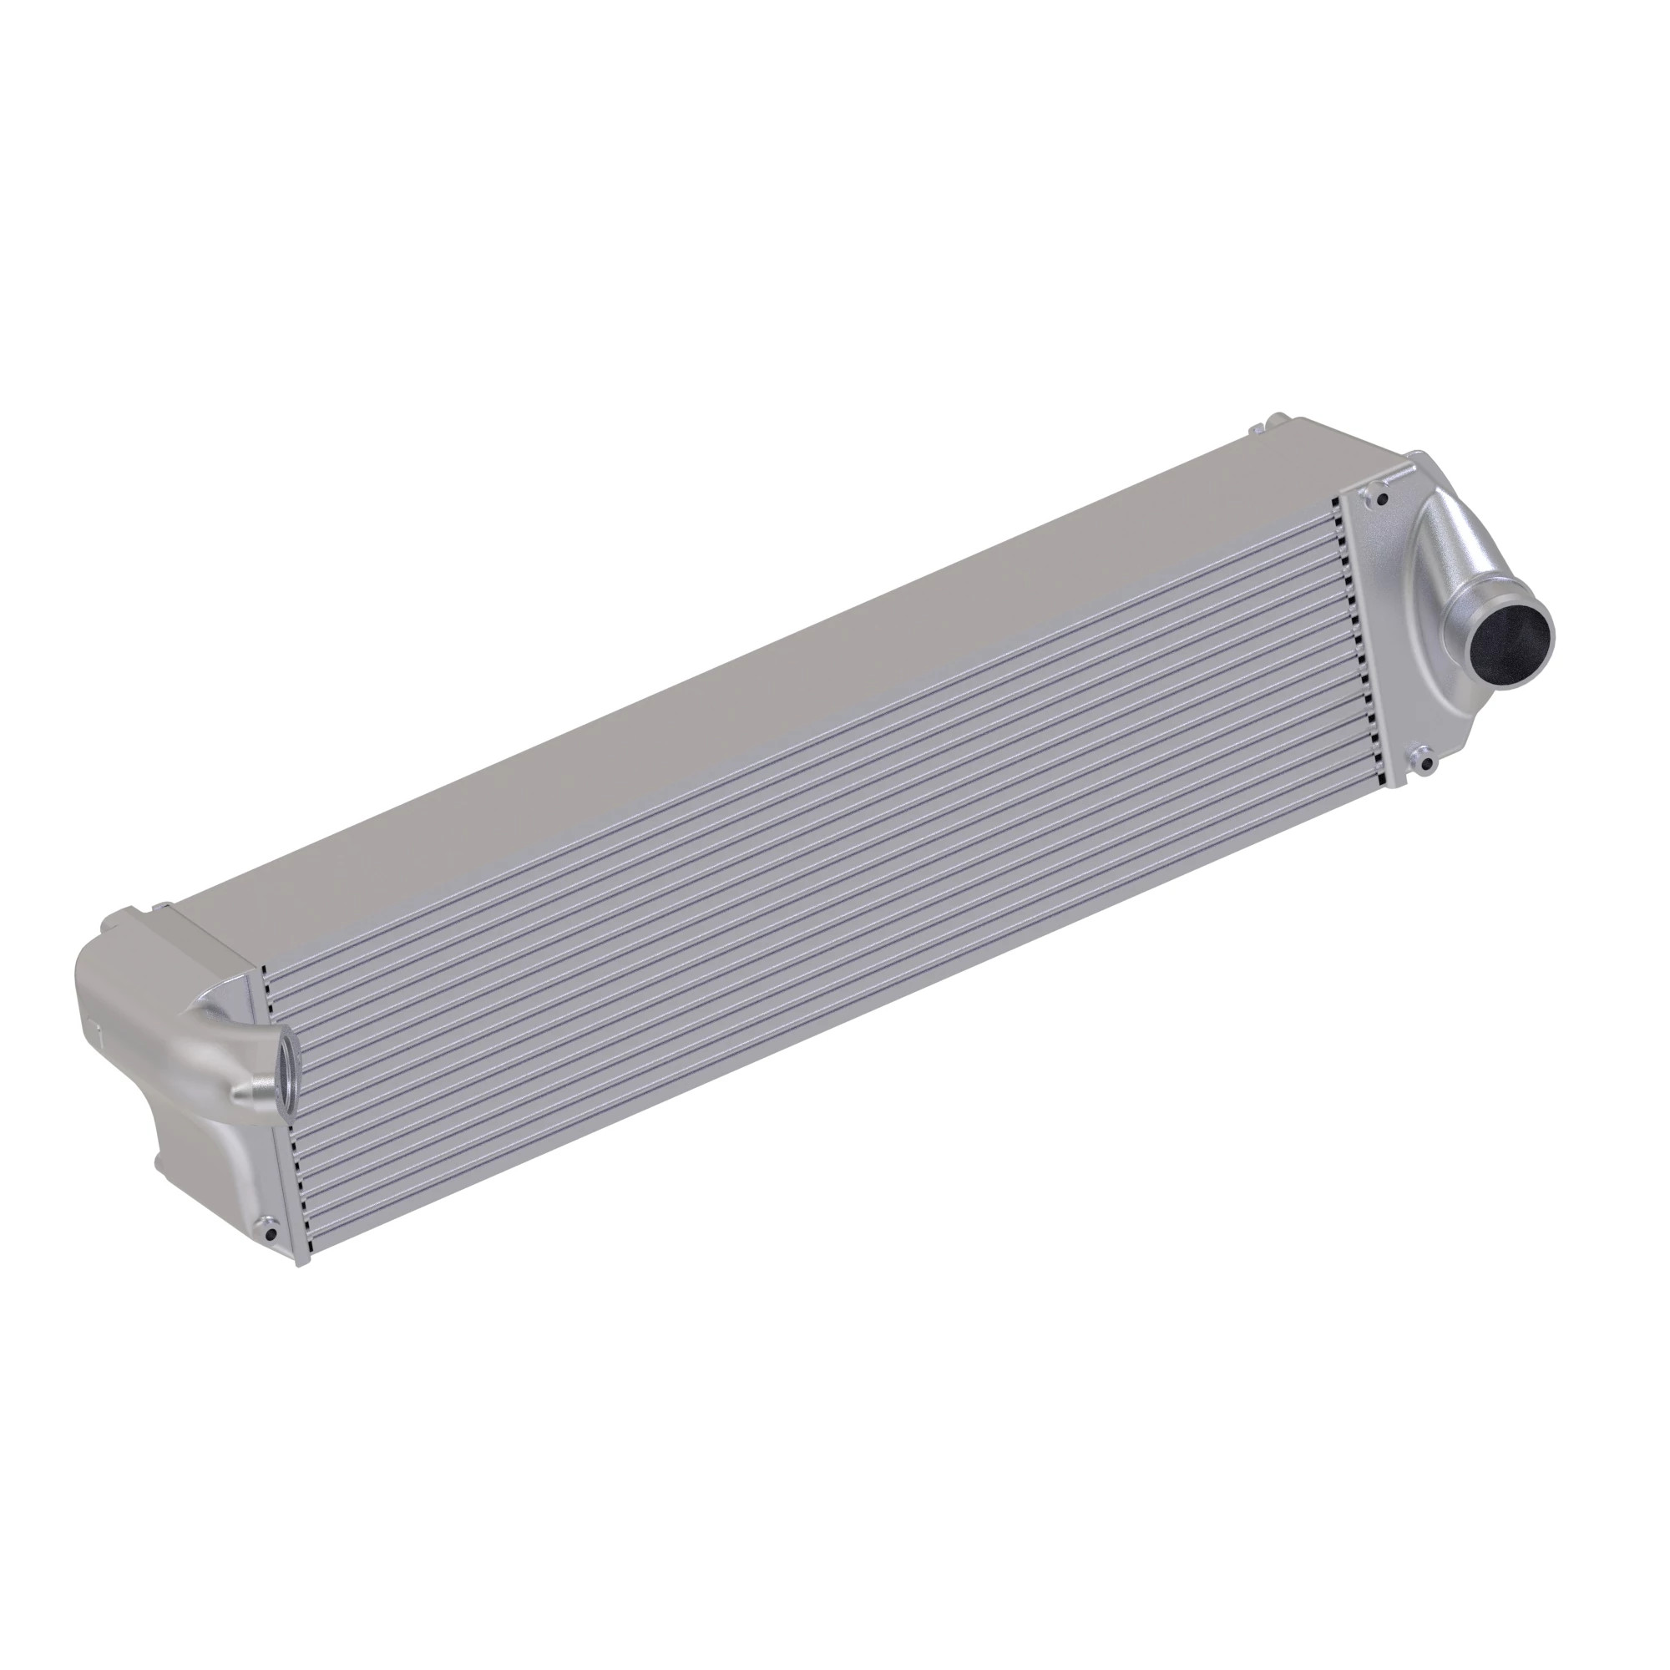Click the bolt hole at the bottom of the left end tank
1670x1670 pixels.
[271, 1235]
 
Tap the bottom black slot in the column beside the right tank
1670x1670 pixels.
[1389, 780]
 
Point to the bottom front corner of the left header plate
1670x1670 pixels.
[301, 1264]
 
